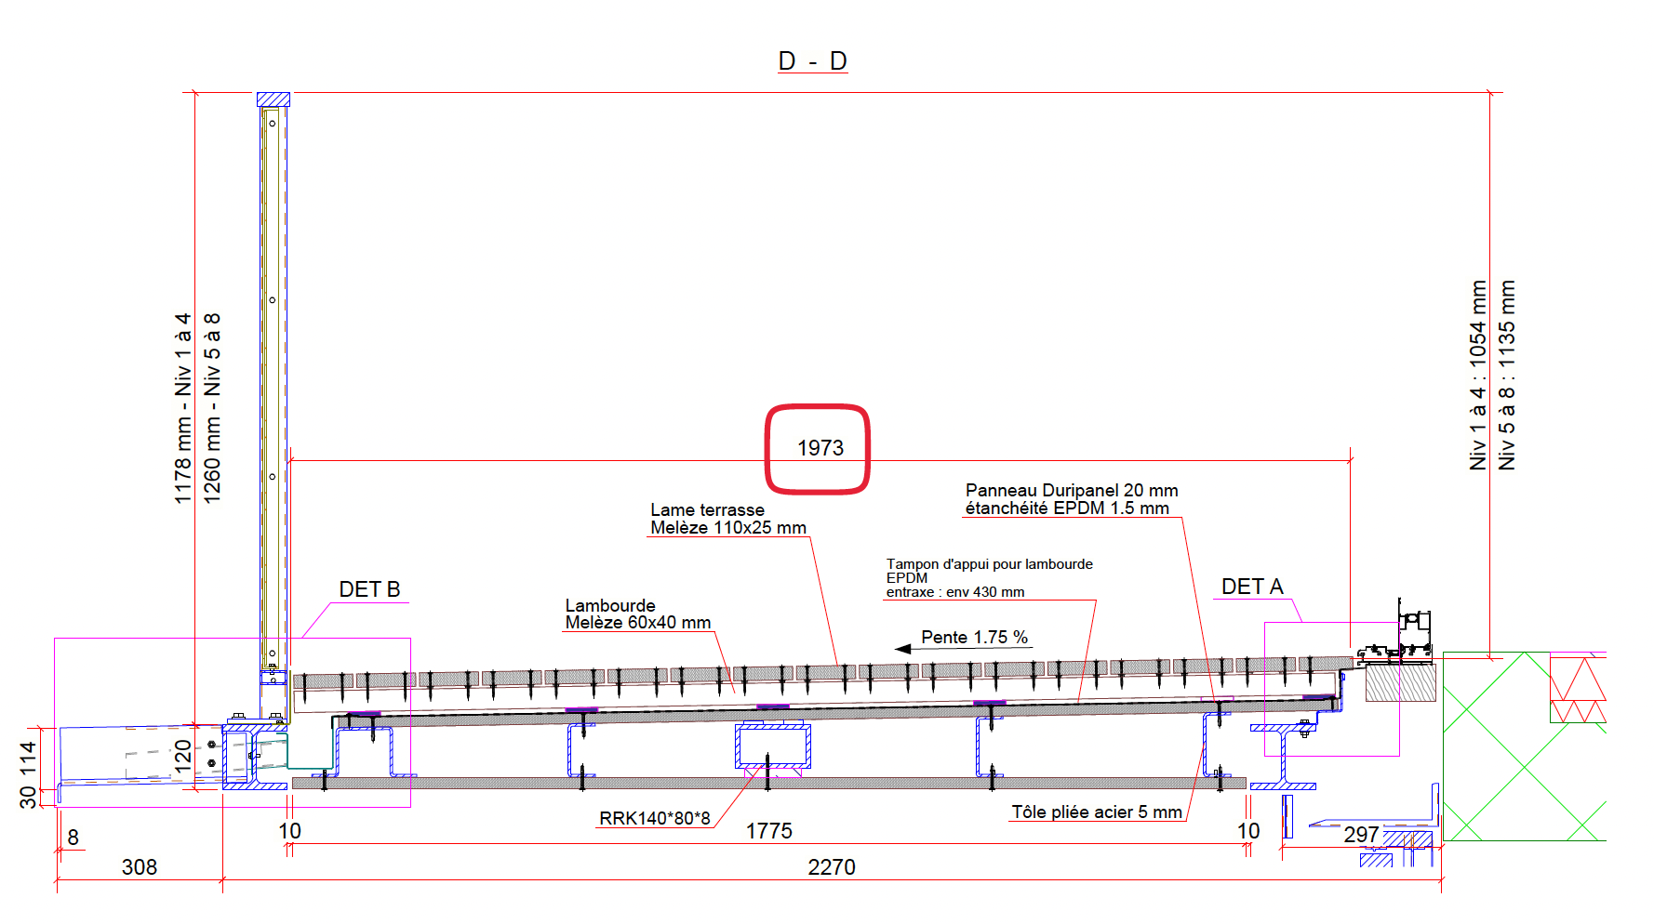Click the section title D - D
(812, 61)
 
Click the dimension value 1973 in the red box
(820, 448)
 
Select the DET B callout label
(369, 589)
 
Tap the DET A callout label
(1252, 587)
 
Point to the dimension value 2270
(832, 867)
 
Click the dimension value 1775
(769, 831)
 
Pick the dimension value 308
(140, 867)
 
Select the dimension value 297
(1361, 835)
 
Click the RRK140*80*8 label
(655, 818)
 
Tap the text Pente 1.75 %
(974, 638)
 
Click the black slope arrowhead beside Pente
(902, 649)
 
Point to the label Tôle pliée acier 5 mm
(1097, 812)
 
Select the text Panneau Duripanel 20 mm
(1072, 490)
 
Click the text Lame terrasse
(707, 509)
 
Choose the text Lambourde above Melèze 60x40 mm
(610, 605)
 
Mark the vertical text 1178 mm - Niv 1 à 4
(183, 409)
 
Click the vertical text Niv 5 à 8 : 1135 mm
(1507, 376)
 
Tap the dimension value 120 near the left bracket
(183, 752)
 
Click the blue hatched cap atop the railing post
(273, 99)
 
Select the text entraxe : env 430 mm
(955, 592)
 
